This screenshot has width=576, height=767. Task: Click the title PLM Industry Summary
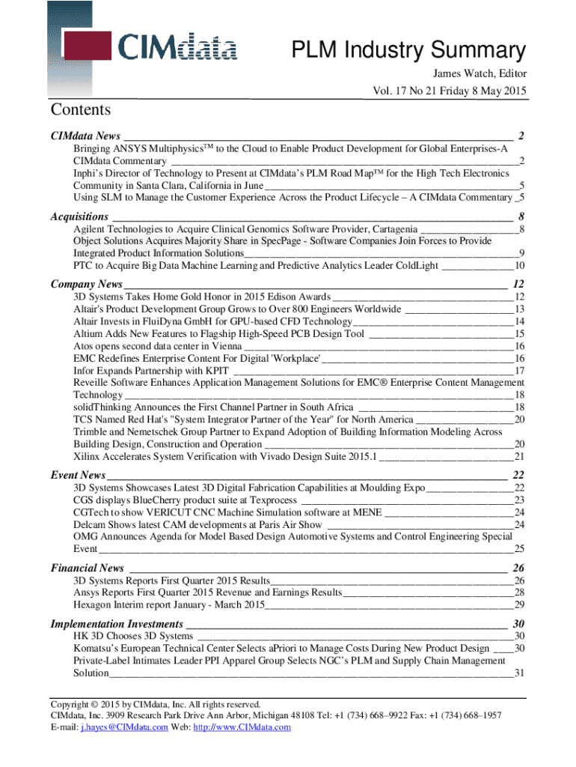[x=408, y=50]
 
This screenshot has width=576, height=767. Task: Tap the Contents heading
[x=81, y=110]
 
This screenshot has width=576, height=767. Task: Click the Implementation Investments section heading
[x=117, y=624]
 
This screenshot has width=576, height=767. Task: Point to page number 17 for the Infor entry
[x=520, y=371]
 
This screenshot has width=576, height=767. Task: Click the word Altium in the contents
[x=88, y=333]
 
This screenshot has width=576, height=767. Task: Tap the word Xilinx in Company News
[x=87, y=456]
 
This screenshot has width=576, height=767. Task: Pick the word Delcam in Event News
[x=90, y=524]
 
